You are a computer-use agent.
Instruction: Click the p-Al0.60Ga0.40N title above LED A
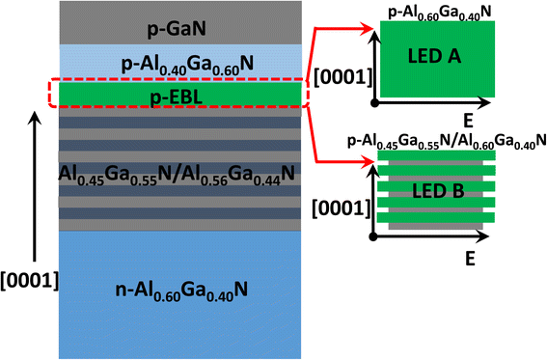[x=439, y=11]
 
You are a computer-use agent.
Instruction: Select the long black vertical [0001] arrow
[x=36, y=193]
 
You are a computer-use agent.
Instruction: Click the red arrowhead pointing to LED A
[x=371, y=32]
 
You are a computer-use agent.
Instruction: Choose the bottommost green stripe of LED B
[x=438, y=218]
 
